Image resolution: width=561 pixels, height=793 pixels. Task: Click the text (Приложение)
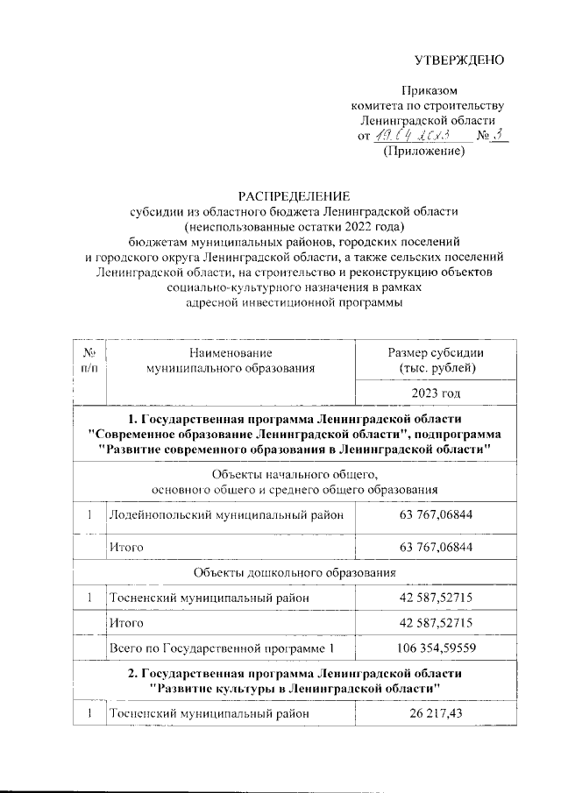(424, 152)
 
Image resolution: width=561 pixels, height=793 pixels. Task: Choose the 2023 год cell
(436, 394)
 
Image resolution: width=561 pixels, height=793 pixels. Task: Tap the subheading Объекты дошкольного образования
(295, 573)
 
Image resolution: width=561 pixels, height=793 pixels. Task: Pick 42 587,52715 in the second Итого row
(436, 623)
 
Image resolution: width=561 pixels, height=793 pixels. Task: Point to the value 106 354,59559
(436, 649)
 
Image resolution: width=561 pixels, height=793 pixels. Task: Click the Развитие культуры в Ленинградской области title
(295, 688)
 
